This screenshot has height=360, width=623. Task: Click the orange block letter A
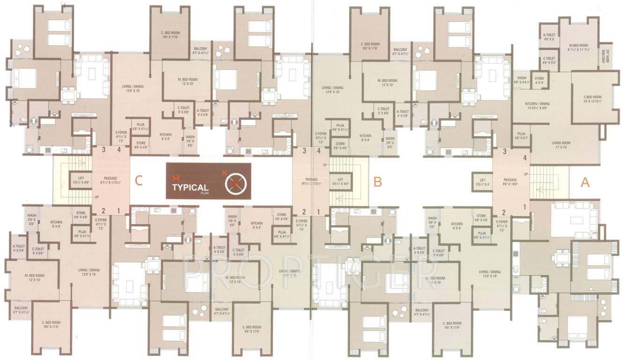pos(585,183)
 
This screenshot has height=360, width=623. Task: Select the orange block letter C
pos(138,180)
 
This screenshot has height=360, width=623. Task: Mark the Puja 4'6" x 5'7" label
pos(521,136)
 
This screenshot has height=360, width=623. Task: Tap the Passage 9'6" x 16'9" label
pos(510,182)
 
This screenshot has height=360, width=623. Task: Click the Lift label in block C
pos(81,180)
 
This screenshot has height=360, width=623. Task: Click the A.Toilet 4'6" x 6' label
pos(549,37)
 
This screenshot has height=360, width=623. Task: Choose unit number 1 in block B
pos(319,212)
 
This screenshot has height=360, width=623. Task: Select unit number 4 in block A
pos(525,158)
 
